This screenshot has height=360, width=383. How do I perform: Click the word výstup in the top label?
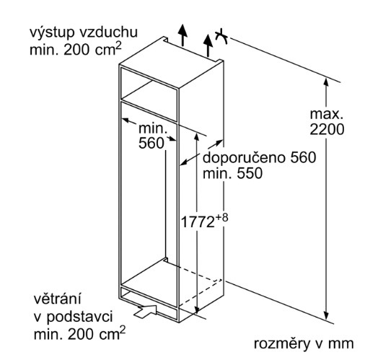coord(51,33)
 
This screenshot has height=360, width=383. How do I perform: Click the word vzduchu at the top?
coord(108,32)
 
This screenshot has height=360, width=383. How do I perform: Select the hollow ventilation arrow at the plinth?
coord(146,312)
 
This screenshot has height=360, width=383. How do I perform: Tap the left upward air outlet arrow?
coord(182,35)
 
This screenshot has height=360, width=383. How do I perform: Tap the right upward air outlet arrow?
coord(208,45)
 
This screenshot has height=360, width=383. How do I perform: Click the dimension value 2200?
coord(327,129)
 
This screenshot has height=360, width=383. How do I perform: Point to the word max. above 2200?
coord(326,114)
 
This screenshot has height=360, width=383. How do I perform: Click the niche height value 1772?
coord(198,222)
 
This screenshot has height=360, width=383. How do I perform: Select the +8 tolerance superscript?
coord(221,217)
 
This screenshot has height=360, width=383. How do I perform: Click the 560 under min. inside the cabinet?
coord(151,143)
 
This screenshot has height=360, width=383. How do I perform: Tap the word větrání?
coord(57,299)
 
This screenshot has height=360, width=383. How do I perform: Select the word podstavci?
coord(79,317)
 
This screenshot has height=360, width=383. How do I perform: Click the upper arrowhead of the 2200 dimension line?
coord(325,82)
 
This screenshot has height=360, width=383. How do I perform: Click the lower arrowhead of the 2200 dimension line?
coord(325,315)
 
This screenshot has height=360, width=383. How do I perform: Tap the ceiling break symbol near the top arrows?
coord(221,36)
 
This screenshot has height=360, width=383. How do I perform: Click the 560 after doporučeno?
coord(303,157)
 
